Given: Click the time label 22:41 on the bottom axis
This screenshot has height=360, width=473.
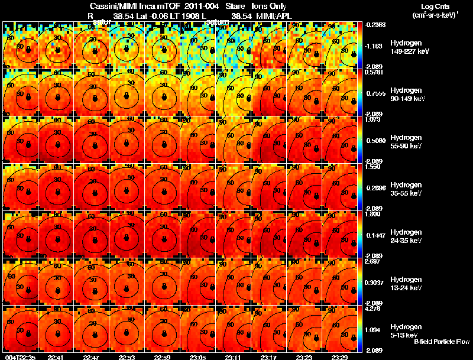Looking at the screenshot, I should click(56, 357).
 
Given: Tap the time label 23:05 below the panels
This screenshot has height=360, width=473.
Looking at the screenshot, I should click(197, 357).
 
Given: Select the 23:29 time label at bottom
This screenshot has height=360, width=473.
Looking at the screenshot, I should click(339, 357).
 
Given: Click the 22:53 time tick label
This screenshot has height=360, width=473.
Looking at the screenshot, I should click(127, 357).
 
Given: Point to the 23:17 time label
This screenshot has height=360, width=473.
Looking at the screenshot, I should click(268, 357).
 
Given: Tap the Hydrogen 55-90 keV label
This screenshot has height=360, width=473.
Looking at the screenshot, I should click(407, 142).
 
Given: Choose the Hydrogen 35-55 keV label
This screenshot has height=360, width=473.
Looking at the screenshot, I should click(407, 189).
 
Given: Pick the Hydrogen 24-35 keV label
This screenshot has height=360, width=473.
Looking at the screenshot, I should click(407, 236).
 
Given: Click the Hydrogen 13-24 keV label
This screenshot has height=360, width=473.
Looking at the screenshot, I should click(407, 284).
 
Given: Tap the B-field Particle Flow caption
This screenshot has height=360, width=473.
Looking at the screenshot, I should click(442, 342).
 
